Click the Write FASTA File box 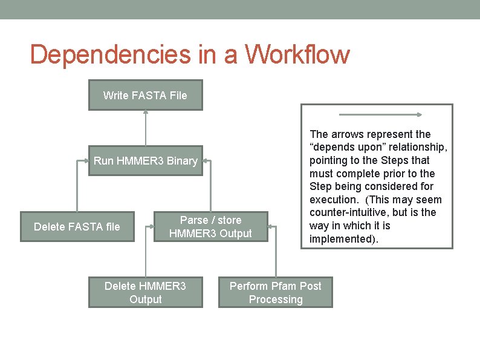(x=145, y=95)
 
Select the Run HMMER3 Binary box (x=145, y=160)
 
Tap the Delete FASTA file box (x=77, y=226)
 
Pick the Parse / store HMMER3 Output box (x=210, y=226)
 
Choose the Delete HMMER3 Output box (x=145, y=292)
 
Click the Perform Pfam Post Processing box (x=275, y=292)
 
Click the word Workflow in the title (x=297, y=54)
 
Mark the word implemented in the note (x=342, y=238)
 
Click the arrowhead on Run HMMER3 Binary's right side (x=206, y=161)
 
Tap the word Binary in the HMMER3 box (x=181, y=160)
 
